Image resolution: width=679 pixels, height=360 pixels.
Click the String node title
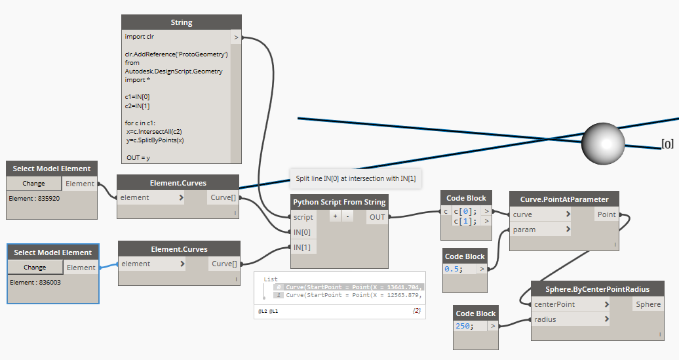coord(182,22)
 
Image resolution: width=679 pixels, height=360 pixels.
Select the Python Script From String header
coord(339,202)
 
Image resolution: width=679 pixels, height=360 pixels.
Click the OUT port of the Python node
coord(377,217)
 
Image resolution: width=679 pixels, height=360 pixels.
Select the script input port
coord(304,217)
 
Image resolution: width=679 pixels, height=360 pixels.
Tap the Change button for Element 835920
coord(34,184)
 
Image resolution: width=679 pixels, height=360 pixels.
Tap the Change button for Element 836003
coord(35,268)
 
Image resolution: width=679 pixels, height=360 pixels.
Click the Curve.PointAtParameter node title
coord(564,199)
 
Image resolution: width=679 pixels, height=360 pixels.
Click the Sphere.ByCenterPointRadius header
coord(597,289)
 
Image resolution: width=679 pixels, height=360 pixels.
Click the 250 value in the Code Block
coord(464,326)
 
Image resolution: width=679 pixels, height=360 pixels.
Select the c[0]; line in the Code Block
coord(466,210)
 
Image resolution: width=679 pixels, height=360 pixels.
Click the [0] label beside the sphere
coord(667,144)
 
